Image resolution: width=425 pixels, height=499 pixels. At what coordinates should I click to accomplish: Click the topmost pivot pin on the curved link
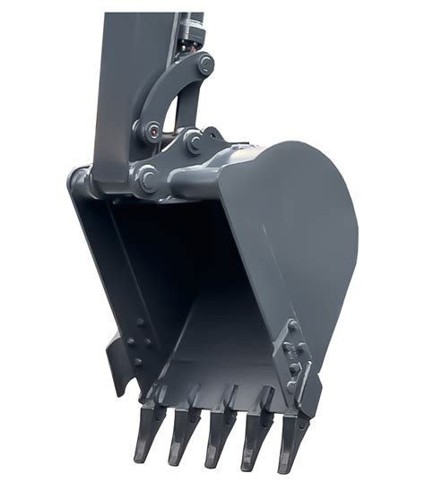pyautogui.click(x=205, y=64)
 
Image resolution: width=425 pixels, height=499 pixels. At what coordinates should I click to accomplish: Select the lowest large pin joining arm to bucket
pyautogui.click(x=145, y=178)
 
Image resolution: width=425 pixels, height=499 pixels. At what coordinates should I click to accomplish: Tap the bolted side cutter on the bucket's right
pyautogui.click(x=295, y=363)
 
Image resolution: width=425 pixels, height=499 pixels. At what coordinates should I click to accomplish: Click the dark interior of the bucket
pyautogui.click(x=170, y=269)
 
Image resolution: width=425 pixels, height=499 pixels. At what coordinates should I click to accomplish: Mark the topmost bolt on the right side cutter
pyautogui.click(x=292, y=324)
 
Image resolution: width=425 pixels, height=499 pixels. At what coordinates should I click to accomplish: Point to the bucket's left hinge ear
pyautogui.click(x=81, y=184)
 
